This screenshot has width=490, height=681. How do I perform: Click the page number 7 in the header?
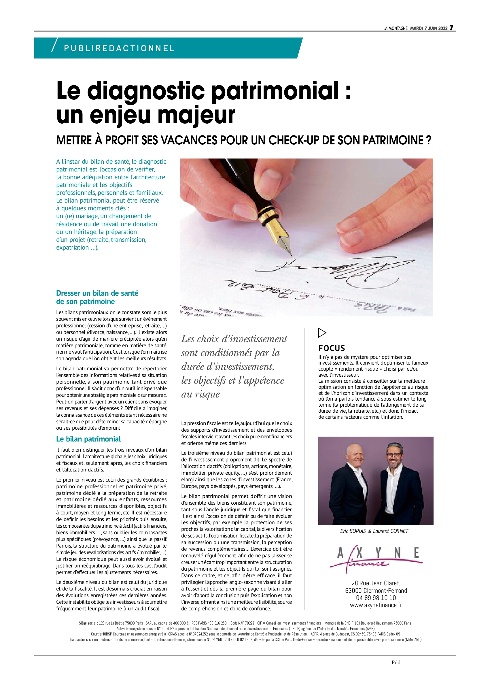(451, 28)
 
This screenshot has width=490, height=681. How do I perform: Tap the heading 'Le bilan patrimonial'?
(88, 439)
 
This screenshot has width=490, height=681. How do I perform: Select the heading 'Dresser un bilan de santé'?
(97, 293)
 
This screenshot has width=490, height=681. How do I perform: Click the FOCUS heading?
(332, 348)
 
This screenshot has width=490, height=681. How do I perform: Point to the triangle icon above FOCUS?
(322, 332)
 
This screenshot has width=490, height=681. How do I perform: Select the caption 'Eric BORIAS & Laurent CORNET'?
(374, 531)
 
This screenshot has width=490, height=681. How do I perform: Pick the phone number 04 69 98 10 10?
(376, 598)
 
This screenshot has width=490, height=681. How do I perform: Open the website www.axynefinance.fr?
(376, 605)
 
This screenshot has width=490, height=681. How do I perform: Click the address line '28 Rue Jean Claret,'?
(376, 583)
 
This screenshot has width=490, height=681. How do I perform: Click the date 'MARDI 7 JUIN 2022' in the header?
(428, 28)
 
